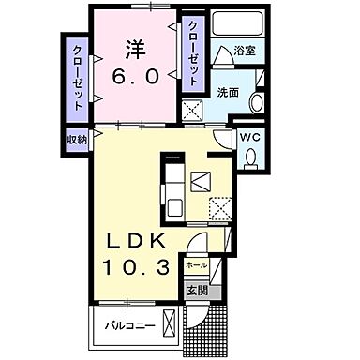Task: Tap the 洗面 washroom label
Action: pos(230,93)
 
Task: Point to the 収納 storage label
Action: pos(76,139)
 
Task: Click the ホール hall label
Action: pos(197,265)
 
